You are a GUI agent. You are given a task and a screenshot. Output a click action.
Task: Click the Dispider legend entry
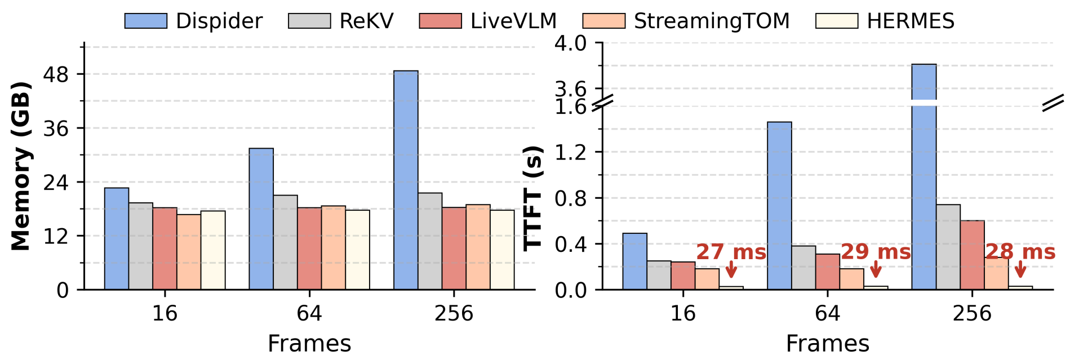(193, 21)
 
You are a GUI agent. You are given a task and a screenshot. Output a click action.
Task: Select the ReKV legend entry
(341, 21)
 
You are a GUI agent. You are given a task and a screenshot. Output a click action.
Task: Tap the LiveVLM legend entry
(488, 21)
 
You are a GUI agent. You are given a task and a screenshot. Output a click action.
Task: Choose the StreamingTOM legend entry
(686, 21)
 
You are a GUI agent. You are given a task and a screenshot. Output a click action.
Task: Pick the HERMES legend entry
(885, 21)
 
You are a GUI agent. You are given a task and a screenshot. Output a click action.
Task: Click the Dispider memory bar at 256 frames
(406, 180)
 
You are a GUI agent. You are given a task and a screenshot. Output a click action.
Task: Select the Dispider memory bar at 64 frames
(261, 219)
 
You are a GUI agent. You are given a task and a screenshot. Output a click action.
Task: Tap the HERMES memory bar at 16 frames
(213, 250)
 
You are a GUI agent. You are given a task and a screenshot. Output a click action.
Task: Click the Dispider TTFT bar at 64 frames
(779, 206)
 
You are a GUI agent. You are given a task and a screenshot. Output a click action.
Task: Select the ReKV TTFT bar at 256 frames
(948, 247)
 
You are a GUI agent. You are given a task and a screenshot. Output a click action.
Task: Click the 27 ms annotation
(731, 252)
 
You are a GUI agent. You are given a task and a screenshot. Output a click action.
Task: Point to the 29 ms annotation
(876, 252)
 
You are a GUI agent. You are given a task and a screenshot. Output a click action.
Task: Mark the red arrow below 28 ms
(1020, 269)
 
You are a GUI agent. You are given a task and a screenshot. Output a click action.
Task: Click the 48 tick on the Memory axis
(56, 74)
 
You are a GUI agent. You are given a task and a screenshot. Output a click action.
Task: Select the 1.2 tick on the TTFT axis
(570, 152)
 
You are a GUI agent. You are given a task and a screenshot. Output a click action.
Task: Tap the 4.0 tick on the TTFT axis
(570, 43)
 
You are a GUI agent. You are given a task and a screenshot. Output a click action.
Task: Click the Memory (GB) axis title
(20, 166)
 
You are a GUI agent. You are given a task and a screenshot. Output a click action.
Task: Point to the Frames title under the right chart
(827, 344)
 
